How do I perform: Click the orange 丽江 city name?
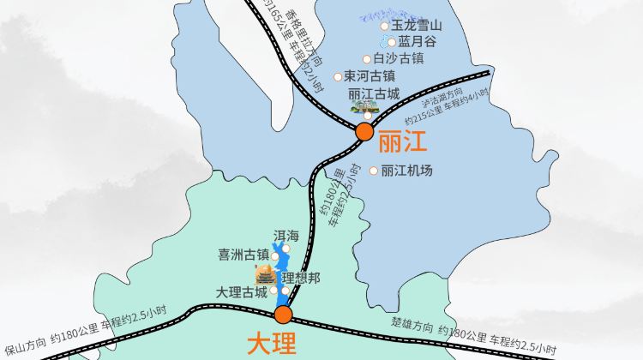(402, 141)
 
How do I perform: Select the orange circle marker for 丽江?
(364, 131)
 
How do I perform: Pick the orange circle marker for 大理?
(284, 315)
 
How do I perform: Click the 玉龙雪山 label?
(417, 27)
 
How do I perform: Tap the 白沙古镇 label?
(399, 59)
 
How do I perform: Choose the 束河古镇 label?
(370, 76)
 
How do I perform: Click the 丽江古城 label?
(374, 93)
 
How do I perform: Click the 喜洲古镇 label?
(243, 255)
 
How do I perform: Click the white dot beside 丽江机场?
(374, 171)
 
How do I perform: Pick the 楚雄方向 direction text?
(412, 324)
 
